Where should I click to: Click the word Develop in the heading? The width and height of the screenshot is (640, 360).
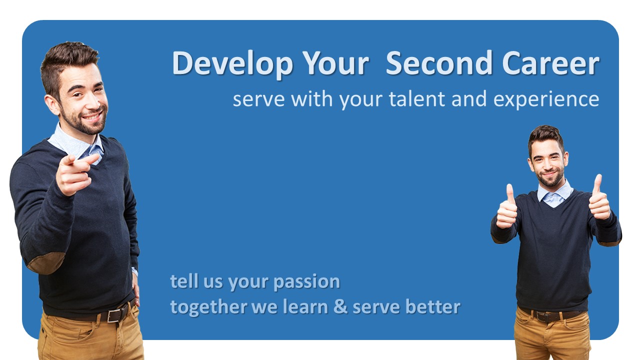point(232,63)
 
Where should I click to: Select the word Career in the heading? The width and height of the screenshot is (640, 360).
point(550,63)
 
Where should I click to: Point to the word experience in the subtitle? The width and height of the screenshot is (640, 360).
point(546,99)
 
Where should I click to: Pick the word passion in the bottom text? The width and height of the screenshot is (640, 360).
point(306,282)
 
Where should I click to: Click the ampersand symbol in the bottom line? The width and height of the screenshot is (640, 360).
point(340,306)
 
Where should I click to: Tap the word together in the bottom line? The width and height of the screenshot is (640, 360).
point(209,307)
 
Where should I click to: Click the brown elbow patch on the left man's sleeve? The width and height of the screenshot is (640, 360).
point(45,262)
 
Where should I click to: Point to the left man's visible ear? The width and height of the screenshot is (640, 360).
point(52,105)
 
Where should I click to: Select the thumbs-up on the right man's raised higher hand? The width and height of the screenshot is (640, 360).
point(599,197)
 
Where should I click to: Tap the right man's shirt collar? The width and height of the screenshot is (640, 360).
point(554,194)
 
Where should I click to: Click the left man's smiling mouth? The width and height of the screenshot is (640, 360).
point(92,116)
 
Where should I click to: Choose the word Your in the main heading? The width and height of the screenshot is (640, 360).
point(336,63)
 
